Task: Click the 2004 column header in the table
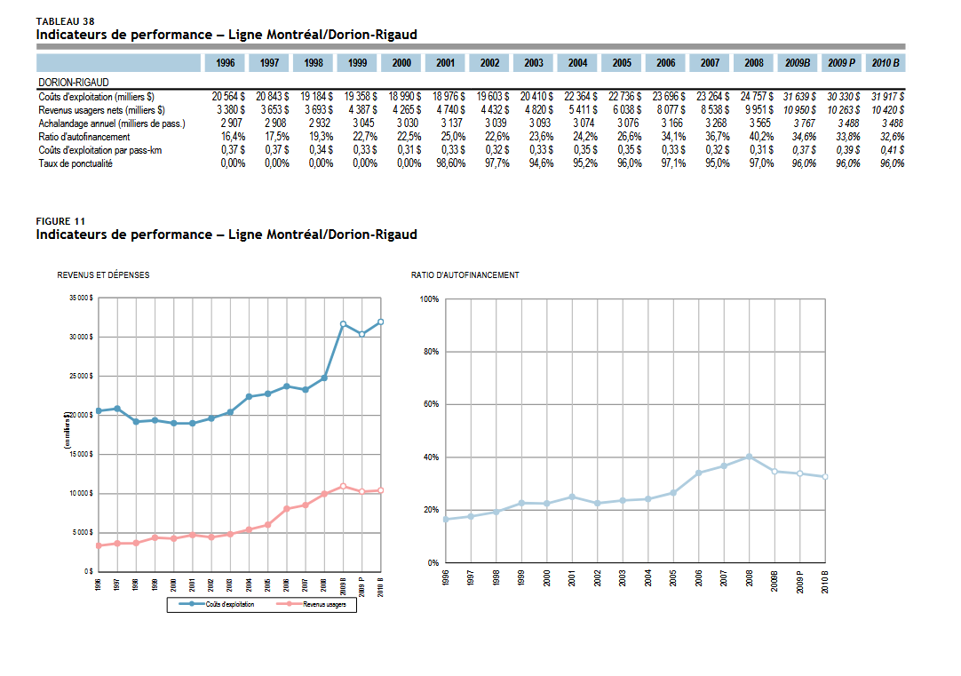[578, 63]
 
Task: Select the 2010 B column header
[886, 63]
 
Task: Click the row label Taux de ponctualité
[75, 163]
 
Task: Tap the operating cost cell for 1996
[228, 95]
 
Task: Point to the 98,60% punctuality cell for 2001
[449, 163]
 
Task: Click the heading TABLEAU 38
[65, 20]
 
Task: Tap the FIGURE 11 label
[61, 220]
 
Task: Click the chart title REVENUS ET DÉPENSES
[103, 275]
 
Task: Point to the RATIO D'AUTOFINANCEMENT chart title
[465, 275]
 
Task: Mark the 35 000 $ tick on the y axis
[81, 298]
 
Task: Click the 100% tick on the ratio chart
[429, 299]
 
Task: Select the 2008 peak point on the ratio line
[750, 457]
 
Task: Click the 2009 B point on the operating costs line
[343, 324]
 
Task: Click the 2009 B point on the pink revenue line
[343, 486]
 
